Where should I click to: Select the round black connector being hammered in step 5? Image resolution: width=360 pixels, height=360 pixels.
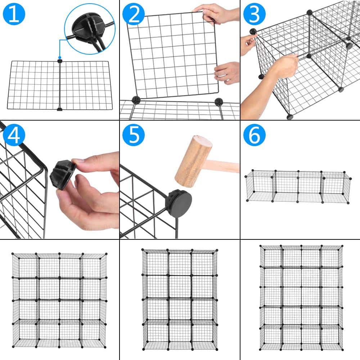coord(179,203)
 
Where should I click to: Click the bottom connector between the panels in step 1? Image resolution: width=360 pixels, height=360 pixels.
coord(60,109)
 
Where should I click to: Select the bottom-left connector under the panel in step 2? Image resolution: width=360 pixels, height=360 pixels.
coord(136,100)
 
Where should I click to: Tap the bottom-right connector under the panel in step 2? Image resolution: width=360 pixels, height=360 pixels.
coord(219,102)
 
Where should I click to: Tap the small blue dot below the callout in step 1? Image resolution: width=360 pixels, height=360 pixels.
coord(60,57)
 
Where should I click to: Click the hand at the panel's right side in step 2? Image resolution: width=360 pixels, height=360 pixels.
coord(228,73)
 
